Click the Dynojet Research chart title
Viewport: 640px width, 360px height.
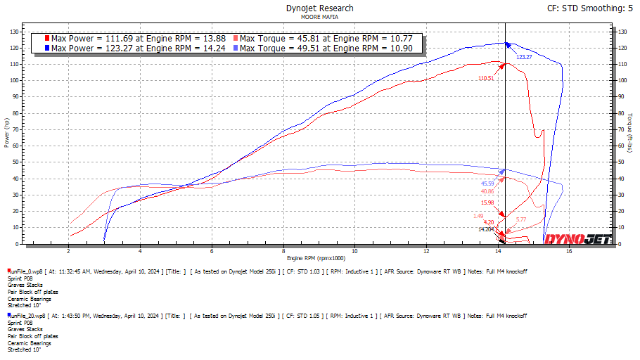click(319, 8)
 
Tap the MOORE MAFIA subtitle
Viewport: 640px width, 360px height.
click(319, 16)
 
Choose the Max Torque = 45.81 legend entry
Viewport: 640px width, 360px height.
click(331, 38)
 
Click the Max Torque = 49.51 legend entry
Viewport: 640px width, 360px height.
click(331, 49)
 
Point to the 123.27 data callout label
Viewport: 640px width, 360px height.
click(524, 57)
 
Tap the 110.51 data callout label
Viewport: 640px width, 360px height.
click(486, 78)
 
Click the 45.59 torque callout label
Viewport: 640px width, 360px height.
click(488, 183)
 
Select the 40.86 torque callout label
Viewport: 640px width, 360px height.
click(487, 191)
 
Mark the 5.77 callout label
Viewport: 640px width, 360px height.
click(521, 220)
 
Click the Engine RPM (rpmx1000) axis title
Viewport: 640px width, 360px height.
click(319, 259)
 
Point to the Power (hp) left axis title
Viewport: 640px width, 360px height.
click(6, 134)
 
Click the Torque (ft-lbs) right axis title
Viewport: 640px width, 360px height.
click(631, 134)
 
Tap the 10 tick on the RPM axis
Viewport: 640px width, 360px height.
click(354, 251)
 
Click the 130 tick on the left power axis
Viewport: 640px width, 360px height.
click(15, 32)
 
